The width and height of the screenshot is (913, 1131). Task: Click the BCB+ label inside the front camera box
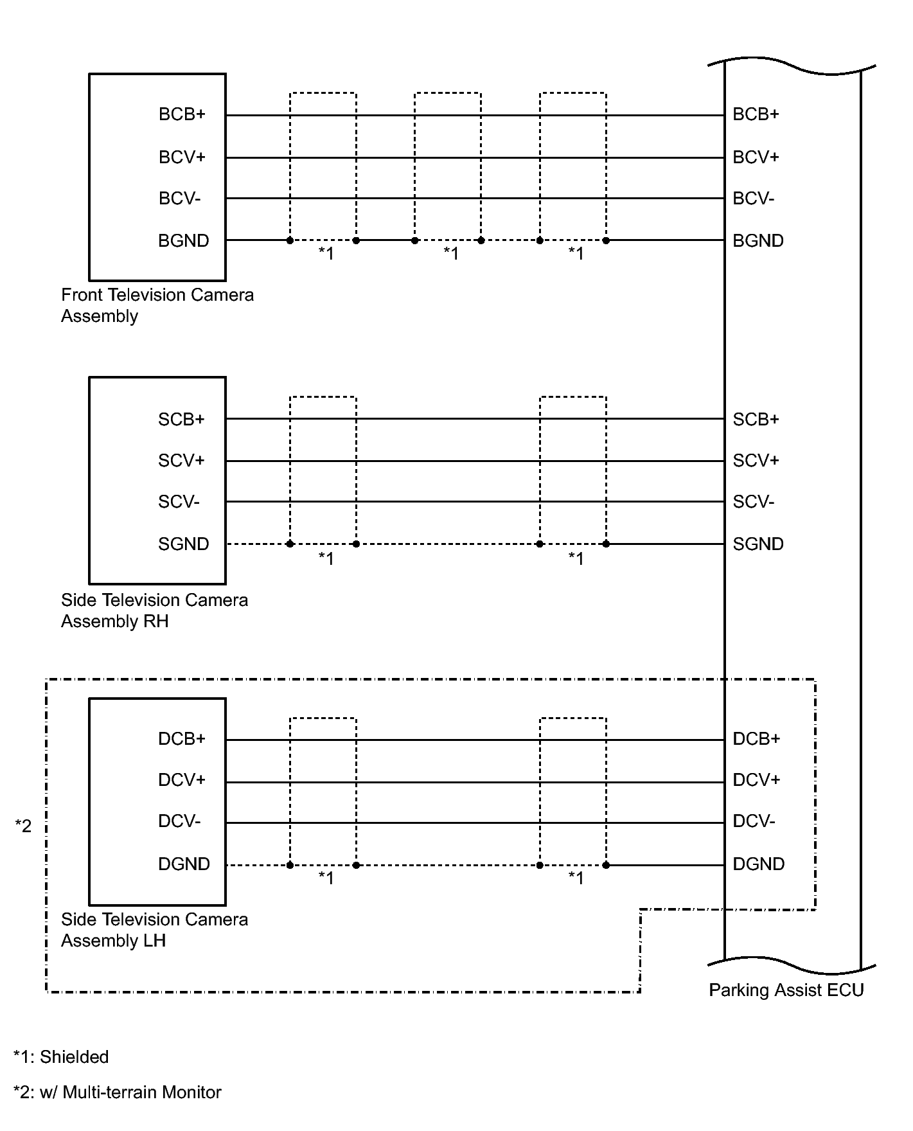pos(182,114)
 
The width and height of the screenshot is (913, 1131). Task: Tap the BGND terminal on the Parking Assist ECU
pos(758,241)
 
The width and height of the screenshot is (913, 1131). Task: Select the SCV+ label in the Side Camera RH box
pos(181,461)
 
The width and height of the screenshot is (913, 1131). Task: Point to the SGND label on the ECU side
pos(758,544)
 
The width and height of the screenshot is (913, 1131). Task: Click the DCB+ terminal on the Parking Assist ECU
pos(756,739)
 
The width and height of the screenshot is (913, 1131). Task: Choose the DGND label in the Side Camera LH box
pos(184,864)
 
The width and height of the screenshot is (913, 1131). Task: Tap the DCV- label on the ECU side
pos(754,821)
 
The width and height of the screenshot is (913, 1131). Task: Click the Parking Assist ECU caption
pos(786,990)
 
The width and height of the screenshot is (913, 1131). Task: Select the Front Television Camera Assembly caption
pos(157,305)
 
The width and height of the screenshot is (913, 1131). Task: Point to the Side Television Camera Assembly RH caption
pos(154,610)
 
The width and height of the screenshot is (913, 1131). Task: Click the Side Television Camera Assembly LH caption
pos(154,930)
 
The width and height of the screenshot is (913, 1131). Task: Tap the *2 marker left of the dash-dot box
pos(23,826)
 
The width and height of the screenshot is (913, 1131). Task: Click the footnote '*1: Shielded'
pos(61,1057)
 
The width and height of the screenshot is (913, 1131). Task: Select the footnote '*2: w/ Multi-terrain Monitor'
pos(118,1092)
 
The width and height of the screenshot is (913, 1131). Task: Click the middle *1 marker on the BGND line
pos(451,254)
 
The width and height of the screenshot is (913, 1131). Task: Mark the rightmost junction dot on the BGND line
pos(606,240)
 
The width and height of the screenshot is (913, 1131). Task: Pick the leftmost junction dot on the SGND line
pos(290,544)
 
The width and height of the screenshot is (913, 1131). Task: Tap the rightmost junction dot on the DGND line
pos(606,865)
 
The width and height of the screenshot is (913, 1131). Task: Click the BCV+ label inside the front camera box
pos(182,157)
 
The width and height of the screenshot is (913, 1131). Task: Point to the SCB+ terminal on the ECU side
pos(756,420)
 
